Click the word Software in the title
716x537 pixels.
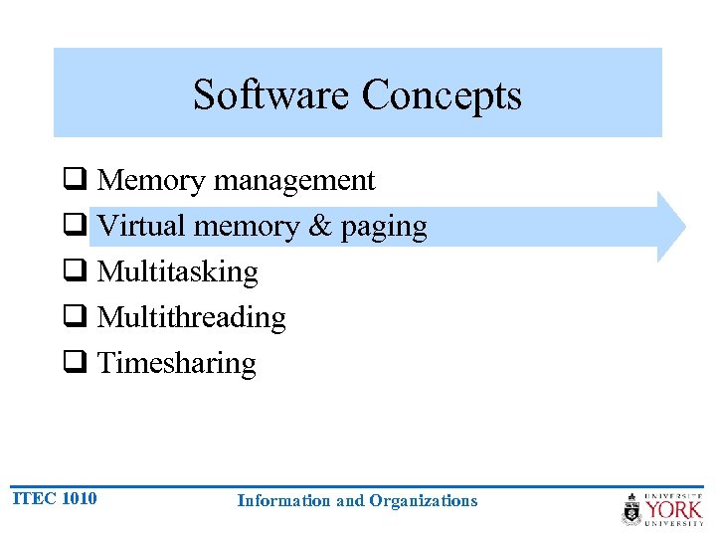[272, 95]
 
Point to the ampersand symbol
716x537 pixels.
[320, 226]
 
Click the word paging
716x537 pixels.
[384, 228]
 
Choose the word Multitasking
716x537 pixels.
[177, 271]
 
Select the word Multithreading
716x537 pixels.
[191, 317]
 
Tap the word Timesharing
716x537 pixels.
[176, 363]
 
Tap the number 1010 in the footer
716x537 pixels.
[79, 498]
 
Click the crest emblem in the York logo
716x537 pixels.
[631, 509]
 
